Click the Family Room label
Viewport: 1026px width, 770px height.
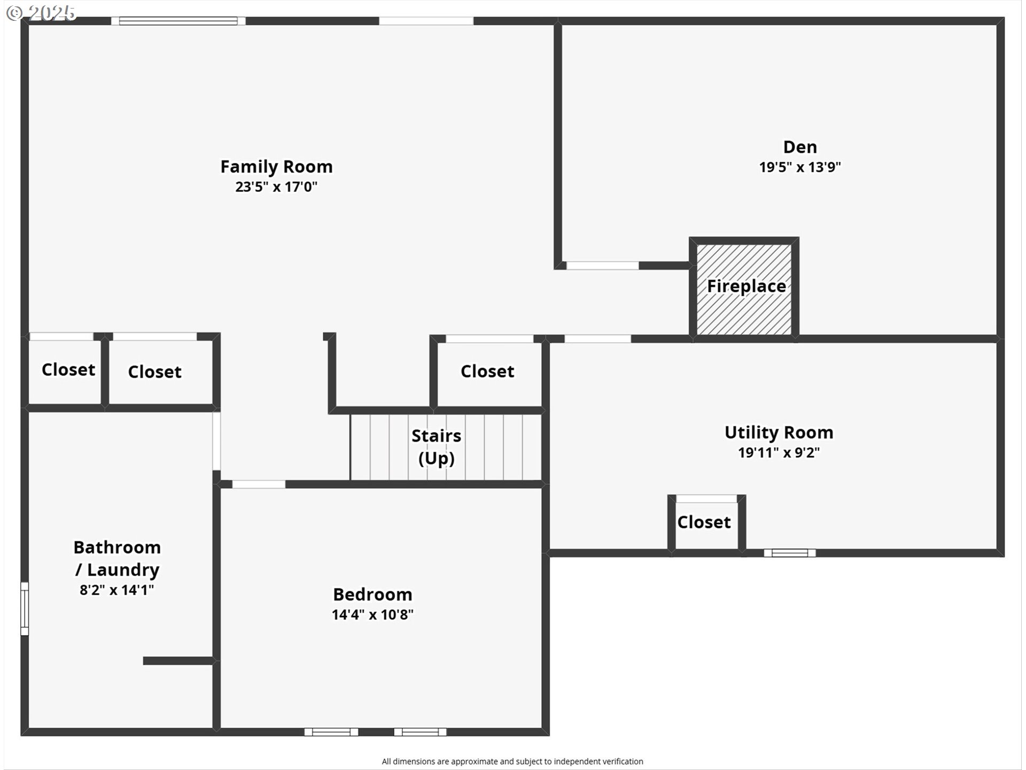[x=276, y=167]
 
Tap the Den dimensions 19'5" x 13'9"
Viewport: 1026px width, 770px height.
[x=800, y=167]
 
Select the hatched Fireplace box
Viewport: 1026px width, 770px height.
[x=744, y=289]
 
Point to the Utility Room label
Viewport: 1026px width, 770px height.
[x=779, y=432]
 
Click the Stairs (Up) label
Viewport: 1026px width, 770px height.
[x=436, y=446]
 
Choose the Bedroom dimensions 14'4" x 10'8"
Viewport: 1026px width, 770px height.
[x=372, y=614]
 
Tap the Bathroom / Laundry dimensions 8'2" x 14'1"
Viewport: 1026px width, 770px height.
[x=117, y=590]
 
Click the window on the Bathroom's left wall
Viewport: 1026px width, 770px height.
[x=25, y=609]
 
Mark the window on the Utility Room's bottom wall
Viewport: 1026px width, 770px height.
[x=790, y=553]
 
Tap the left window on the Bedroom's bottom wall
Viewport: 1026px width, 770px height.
[x=331, y=732]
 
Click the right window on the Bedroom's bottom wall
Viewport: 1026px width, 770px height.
[x=420, y=732]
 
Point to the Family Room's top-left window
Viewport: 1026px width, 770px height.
[x=178, y=21]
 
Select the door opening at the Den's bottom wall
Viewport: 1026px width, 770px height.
[x=602, y=265]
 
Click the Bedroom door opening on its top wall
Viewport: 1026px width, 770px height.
[x=259, y=484]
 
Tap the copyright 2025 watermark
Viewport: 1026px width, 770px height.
[x=41, y=13]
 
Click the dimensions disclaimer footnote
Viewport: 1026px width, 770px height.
[x=512, y=761]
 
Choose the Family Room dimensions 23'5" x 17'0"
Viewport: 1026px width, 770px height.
[x=276, y=187]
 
